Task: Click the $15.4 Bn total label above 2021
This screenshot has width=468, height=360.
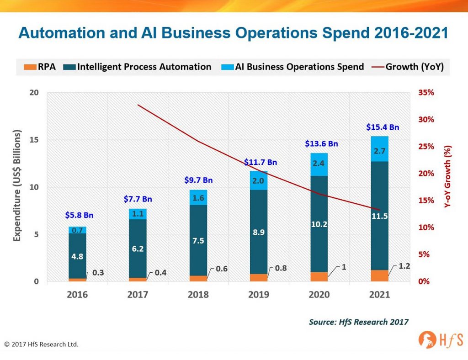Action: (383, 127)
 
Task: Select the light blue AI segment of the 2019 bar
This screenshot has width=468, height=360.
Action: (259, 180)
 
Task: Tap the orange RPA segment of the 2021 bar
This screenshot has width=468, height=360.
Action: (379, 275)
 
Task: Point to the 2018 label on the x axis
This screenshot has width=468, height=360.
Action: (198, 295)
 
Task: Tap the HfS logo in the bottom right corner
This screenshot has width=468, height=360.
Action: (441, 339)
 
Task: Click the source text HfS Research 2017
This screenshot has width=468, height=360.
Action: (358, 322)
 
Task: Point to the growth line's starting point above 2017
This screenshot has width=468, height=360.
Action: (138, 105)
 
